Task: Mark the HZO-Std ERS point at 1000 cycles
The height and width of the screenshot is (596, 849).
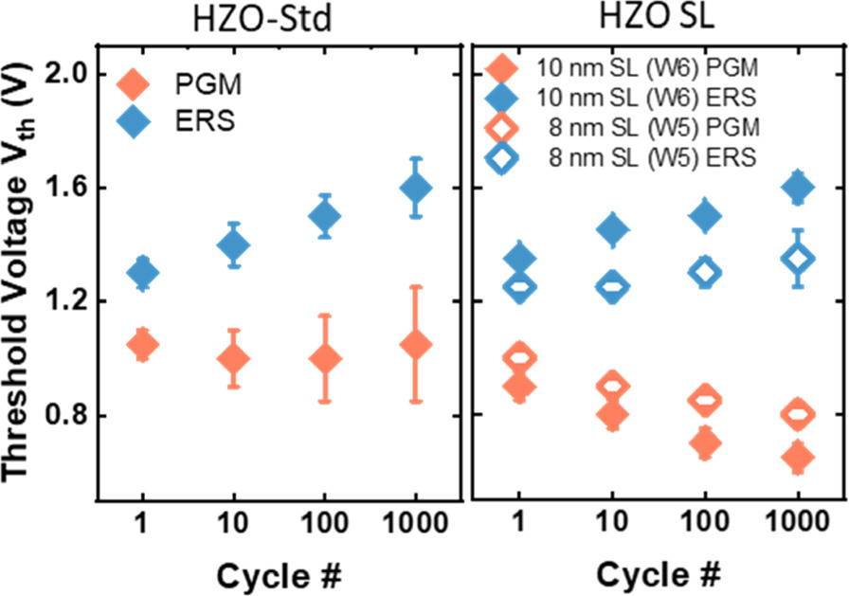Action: (416, 188)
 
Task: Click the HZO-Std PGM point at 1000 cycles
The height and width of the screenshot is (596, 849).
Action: (416, 345)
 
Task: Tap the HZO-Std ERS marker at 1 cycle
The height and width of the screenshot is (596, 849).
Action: (142, 273)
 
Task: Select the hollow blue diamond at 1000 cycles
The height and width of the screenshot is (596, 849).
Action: (799, 258)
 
